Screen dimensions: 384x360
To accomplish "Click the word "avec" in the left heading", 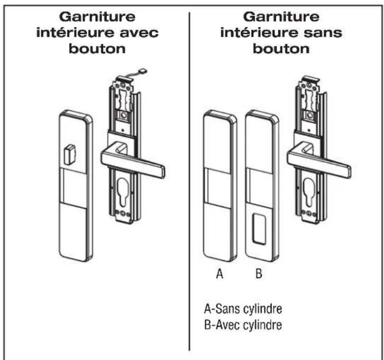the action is pos(139,33).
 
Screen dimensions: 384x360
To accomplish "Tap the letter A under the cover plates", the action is pos(220,274).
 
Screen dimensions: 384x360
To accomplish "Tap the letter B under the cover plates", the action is pos(259,274).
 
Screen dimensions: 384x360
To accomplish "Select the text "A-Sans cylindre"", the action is pos(243,309).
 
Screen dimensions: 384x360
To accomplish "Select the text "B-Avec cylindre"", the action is pos(243,325).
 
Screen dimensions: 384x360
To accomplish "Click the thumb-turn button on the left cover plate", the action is pos(69,154).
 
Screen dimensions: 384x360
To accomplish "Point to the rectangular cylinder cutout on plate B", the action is pos(260,228).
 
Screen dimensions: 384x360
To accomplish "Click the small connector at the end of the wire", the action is pos(142,72).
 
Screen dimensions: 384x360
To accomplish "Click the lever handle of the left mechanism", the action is pos(132,160).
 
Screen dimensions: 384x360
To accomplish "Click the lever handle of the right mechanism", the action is pos(318,160).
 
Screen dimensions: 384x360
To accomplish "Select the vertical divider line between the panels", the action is pos(189,181).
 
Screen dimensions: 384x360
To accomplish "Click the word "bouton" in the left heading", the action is pos(97,49).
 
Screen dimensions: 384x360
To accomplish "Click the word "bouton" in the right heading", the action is pos(281,49).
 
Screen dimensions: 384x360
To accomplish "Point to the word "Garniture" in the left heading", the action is pos(97,17).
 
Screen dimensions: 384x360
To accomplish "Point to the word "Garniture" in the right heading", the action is pos(281,17).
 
